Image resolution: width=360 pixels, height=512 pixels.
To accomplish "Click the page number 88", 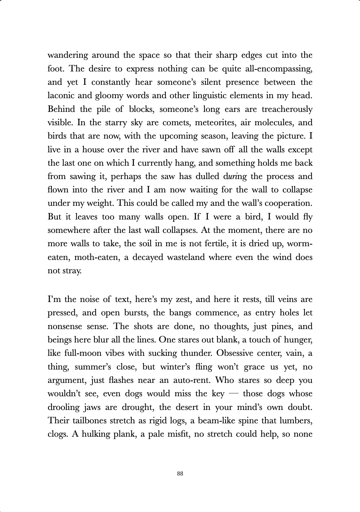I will tap(180, 474).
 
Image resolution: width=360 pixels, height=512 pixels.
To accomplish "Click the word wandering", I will tap(68, 55).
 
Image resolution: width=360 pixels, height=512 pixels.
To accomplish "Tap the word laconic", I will tap(60, 96).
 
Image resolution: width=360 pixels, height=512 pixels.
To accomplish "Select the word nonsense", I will tap(64, 326).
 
